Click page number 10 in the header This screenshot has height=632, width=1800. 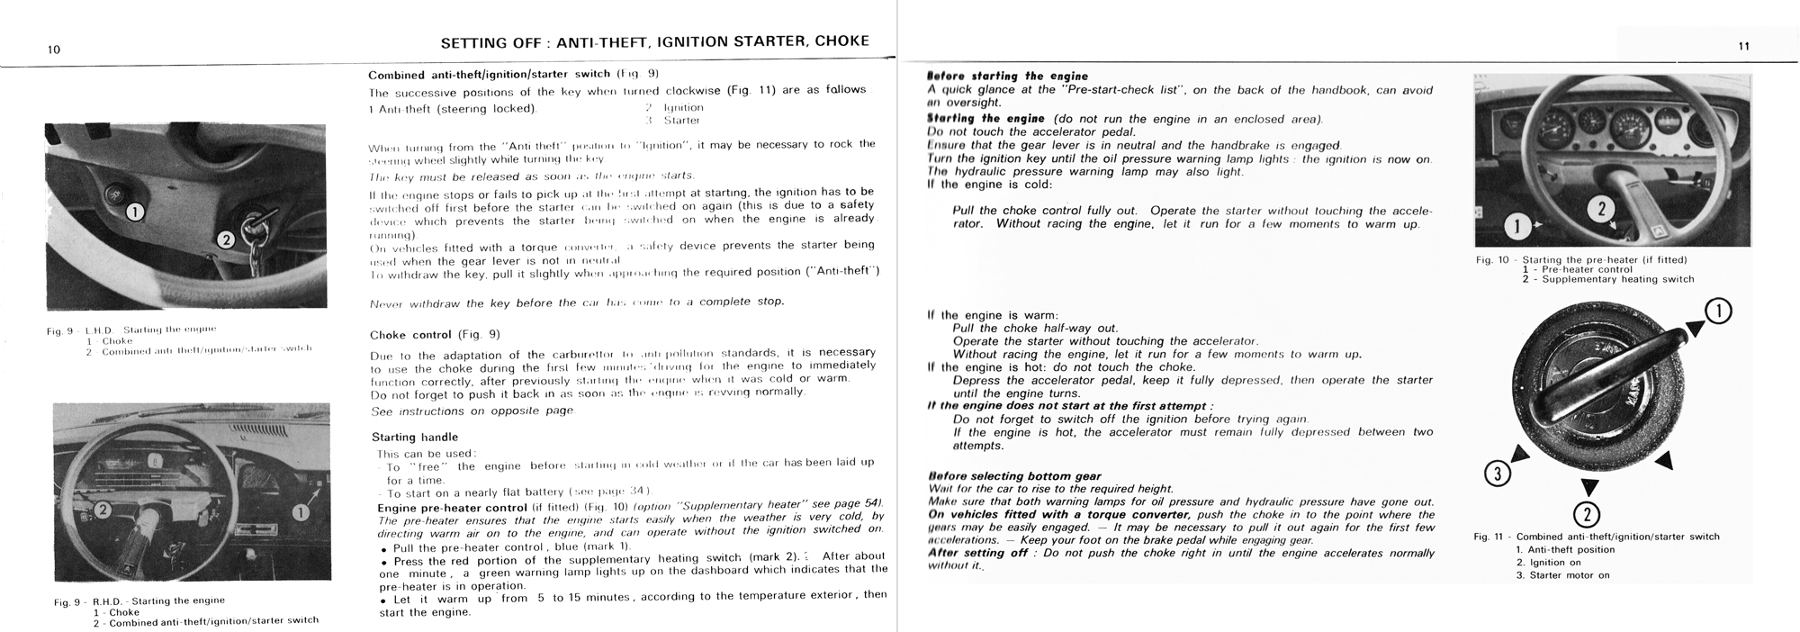(x=54, y=50)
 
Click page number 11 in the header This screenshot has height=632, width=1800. (x=1743, y=46)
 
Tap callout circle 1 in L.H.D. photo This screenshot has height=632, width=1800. (x=134, y=212)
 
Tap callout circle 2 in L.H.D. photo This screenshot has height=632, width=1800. (x=225, y=239)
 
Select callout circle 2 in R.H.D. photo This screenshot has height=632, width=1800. (x=103, y=510)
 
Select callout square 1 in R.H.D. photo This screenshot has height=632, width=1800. (x=301, y=511)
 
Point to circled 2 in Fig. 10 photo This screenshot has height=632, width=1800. (x=1600, y=210)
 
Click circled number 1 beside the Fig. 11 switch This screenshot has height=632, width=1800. (x=1717, y=311)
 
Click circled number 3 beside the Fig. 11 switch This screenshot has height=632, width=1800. (x=1497, y=474)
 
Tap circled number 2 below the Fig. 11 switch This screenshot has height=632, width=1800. (x=1586, y=515)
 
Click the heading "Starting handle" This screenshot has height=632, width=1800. (x=415, y=438)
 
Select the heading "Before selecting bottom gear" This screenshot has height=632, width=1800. (x=1014, y=476)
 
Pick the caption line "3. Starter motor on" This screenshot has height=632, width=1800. (x=1562, y=575)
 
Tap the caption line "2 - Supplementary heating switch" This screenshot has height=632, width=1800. (x=1617, y=279)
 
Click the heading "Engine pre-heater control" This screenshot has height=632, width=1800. (x=452, y=508)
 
